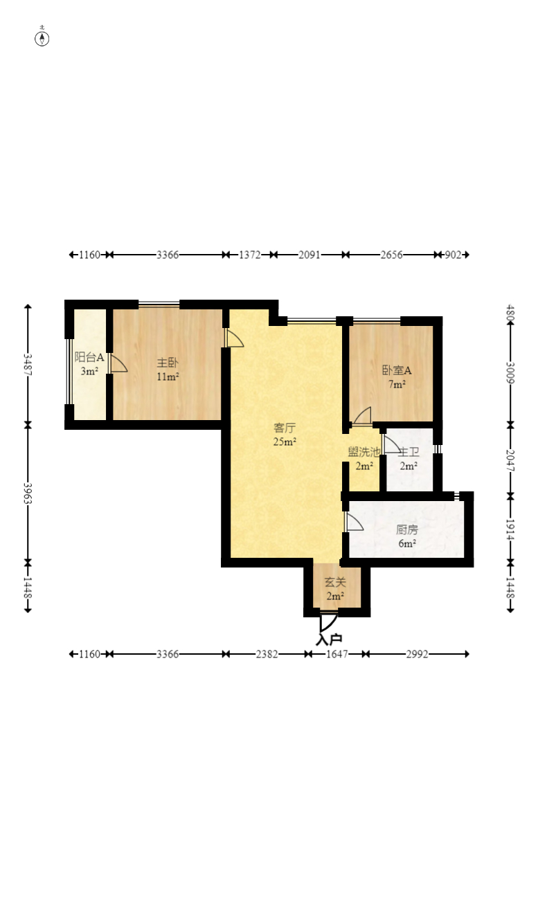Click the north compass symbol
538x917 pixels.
(42, 39)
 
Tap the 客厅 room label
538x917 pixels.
(285, 428)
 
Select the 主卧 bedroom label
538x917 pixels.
(168, 363)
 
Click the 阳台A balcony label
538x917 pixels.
(89, 357)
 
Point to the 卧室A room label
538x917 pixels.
(397, 370)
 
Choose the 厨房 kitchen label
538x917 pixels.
(407, 529)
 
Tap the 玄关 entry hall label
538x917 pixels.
(335, 582)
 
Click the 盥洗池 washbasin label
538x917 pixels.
(364, 452)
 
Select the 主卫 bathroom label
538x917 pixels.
(409, 452)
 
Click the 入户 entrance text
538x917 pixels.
(329, 639)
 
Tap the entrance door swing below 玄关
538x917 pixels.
(328, 622)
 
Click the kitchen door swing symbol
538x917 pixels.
(354, 522)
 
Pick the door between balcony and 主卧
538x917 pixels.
(118, 363)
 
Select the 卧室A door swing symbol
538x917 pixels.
(362, 415)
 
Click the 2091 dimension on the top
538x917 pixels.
(309, 255)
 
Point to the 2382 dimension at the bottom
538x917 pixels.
(267, 654)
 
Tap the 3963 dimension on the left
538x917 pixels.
(28, 493)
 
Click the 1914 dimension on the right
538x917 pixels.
(510, 529)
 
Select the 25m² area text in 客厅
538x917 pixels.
(285, 442)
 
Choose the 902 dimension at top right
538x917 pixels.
(453, 255)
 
